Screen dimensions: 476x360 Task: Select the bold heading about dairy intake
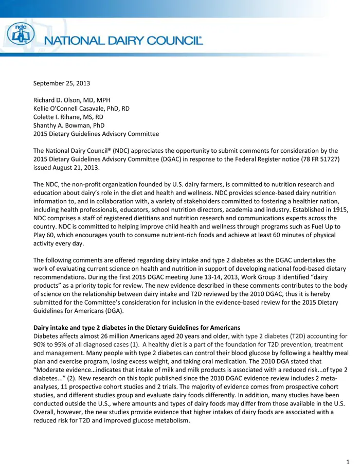coord(137,328)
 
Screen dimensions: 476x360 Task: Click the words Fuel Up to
coord(325,226)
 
